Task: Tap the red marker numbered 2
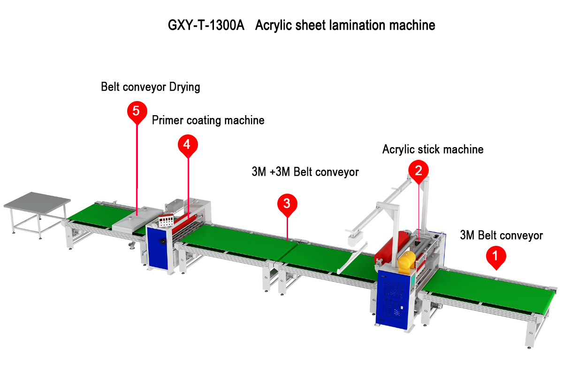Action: pos(418,170)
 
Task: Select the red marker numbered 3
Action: pos(287,204)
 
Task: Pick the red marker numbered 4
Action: pos(187,144)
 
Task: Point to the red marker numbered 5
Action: pos(136,111)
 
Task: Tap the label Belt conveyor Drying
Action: pos(151,87)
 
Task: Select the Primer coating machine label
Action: pos(208,120)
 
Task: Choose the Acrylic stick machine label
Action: pos(433,149)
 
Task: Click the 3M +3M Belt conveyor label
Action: pos(305,172)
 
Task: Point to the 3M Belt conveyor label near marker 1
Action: pos(501,235)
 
